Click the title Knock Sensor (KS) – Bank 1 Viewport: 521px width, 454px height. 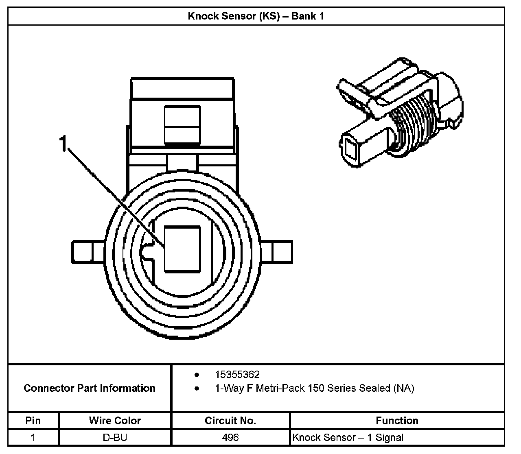[256, 16]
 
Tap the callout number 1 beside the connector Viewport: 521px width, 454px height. [63, 144]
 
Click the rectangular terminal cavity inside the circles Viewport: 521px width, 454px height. [182, 249]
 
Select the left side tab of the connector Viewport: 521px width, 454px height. [88, 252]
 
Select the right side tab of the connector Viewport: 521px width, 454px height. [277, 252]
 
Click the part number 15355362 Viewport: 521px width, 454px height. [237, 374]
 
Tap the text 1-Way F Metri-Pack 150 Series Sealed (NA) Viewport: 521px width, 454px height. [314, 388]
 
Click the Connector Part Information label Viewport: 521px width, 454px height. [90, 388]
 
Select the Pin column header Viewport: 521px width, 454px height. [33, 421]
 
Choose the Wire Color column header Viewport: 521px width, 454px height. [115, 421]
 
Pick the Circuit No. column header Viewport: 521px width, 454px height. [230, 421]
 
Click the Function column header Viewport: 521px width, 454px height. [397, 421]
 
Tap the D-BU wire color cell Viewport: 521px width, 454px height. [115, 438]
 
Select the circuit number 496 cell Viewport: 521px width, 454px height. [230, 438]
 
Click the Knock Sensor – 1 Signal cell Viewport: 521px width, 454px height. [348, 438]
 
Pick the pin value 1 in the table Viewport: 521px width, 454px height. [33, 438]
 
